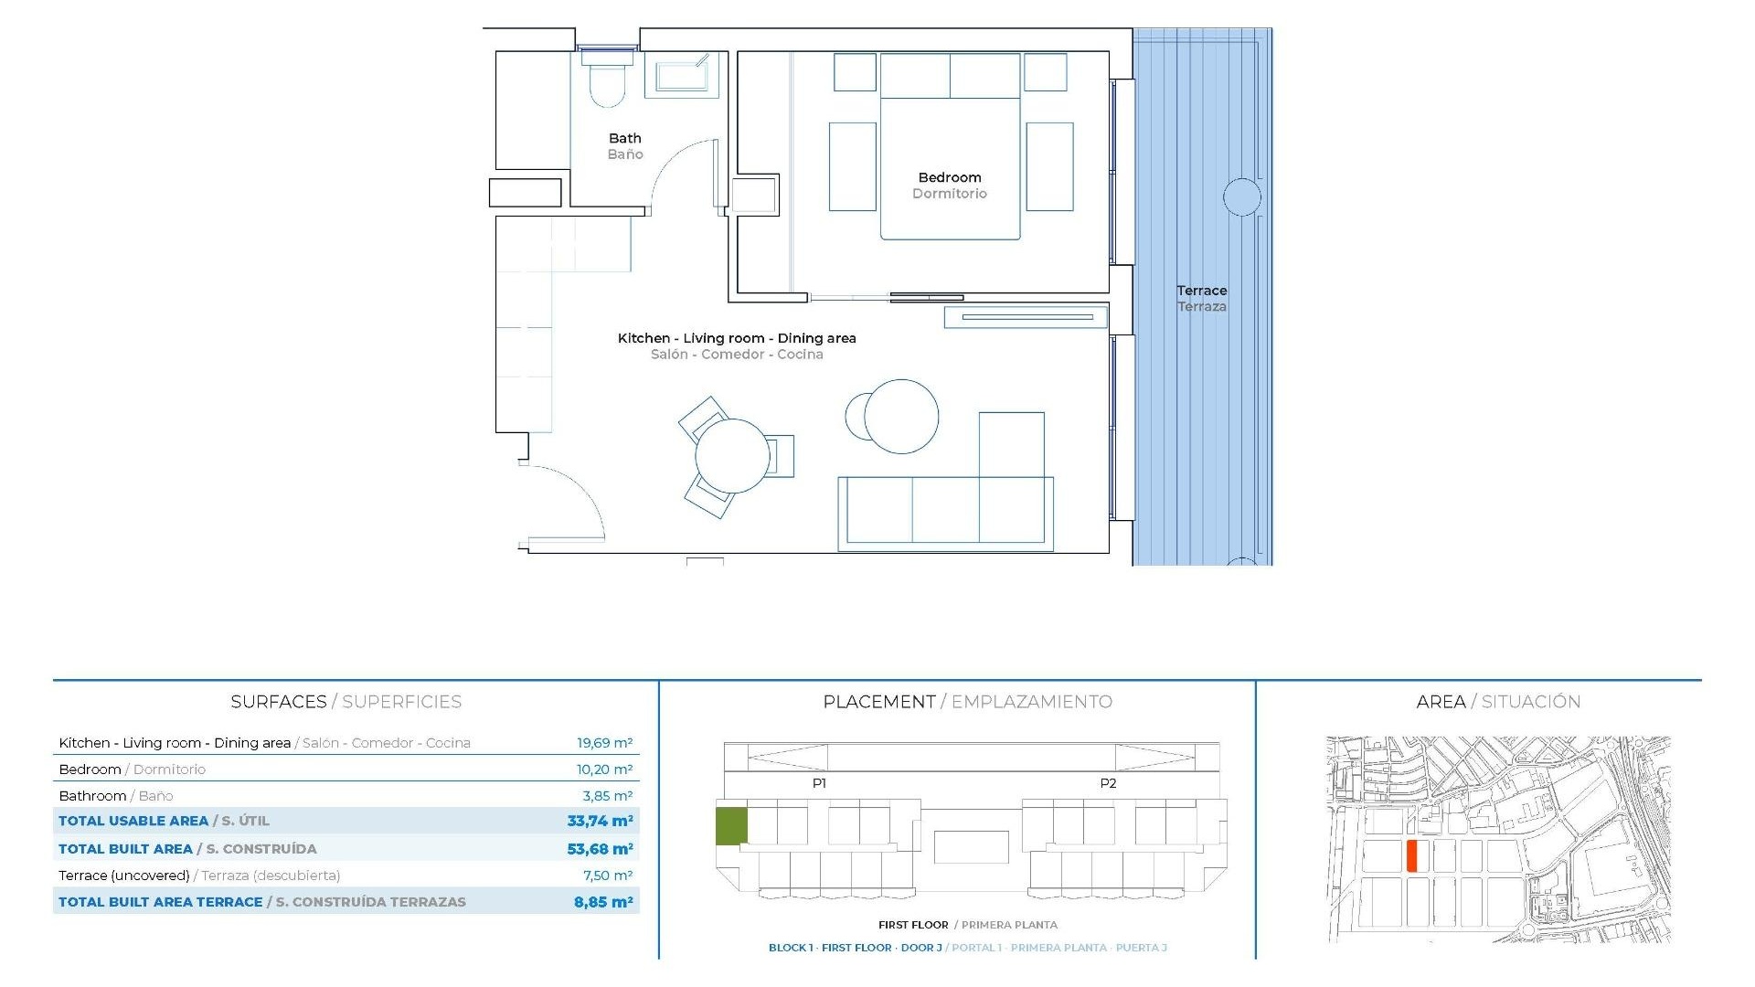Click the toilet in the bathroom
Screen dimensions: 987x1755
pos(606,82)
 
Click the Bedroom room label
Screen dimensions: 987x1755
pos(950,177)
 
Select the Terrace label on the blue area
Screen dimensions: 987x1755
pos(1201,291)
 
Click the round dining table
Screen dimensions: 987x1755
pos(732,456)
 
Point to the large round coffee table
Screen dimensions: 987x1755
pos(901,417)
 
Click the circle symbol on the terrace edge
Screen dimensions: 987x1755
pos(1241,196)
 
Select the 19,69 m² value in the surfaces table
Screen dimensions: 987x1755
pos(604,743)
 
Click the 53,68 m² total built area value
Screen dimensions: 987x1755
pos(600,849)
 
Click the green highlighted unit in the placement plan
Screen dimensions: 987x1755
pos(731,825)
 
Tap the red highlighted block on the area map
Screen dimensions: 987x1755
pos(1411,856)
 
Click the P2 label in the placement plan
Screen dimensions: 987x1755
pos(1108,783)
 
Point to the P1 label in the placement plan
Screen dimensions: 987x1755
pos(819,783)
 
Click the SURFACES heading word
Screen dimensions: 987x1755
pos(278,702)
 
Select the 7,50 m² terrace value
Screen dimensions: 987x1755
pos(607,876)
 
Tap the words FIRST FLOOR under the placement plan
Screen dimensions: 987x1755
pos(913,925)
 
